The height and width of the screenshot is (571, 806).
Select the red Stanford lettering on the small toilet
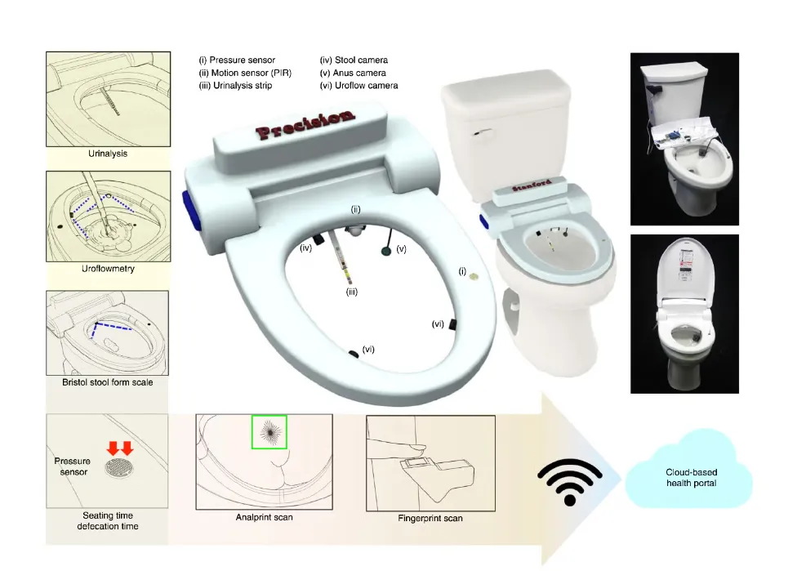[x=532, y=185]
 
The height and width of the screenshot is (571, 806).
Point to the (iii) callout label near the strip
[x=352, y=292]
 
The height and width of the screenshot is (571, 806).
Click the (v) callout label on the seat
[x=402, y=248]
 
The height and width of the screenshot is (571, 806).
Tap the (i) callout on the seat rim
[x=462, y=271]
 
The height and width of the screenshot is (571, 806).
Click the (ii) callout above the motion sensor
[x=356, y=209]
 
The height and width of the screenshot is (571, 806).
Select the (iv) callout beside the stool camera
[x=306, y=248]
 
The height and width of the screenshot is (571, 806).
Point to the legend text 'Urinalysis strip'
[x=242, y=86]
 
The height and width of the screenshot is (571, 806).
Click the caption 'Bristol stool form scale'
[x=108, y=382]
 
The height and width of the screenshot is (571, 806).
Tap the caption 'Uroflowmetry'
[x=108, y=269]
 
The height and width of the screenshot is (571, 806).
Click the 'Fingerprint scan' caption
[x=430, y=518]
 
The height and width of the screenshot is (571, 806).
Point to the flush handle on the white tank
[x=482, y=132]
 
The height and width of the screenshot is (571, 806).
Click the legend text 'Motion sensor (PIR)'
[x=252, y=73]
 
